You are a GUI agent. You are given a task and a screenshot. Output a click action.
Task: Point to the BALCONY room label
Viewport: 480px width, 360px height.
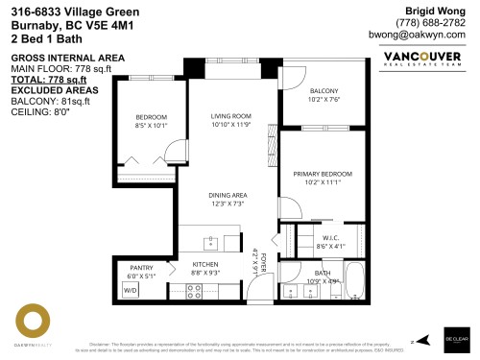pyautogui.click(x=324, y=91)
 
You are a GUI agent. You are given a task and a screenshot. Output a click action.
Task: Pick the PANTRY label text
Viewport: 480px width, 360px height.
pyautogui.click(x=142, y=267)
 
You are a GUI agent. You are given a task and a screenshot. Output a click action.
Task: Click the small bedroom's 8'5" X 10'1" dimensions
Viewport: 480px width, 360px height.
pyautogui.click(x=151, y=125)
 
